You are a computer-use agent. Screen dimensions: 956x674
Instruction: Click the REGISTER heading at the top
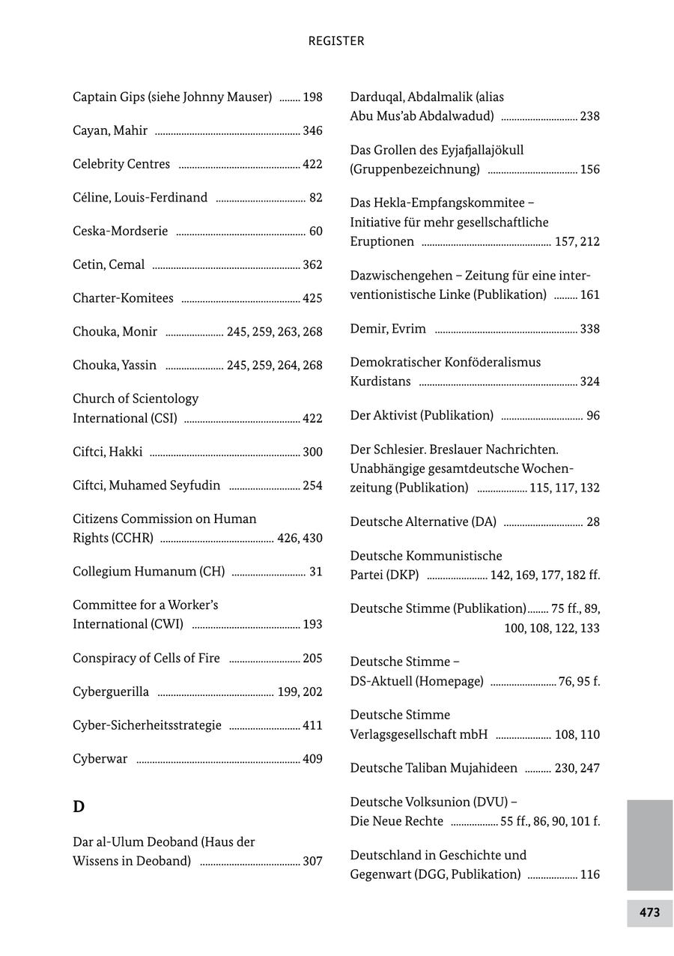(336, 41)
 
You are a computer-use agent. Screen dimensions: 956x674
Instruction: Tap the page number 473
(649, 913)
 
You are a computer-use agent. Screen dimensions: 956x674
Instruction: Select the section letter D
(79, 807)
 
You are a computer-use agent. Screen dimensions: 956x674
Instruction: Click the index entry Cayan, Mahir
(110, 130)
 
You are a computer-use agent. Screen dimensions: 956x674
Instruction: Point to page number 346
(312, 131)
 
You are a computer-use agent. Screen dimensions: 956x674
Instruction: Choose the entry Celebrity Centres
(121, 164)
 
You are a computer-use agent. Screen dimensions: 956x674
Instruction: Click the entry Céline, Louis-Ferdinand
(140, 198)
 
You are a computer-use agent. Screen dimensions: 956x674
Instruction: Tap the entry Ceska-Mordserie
(121, 231)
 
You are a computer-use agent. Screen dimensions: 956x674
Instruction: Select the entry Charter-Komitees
(123, 298)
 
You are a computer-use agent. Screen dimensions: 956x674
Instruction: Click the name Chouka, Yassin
(115, 366)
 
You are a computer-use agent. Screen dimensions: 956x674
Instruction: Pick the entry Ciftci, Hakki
(107, 452)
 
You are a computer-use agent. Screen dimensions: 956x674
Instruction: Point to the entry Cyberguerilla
(111, 692)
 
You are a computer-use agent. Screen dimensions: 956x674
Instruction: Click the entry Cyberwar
(100, 759)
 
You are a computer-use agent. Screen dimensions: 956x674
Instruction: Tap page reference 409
(312, 760)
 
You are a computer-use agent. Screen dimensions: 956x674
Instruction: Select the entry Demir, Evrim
(388, 329)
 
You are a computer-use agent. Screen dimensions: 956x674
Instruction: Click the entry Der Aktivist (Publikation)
(422, 415)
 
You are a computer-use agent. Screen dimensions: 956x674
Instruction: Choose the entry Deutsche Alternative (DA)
(423, 521)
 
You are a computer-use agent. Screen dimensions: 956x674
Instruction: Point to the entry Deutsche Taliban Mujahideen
(434, 768)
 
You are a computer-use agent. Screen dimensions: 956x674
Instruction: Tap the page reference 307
(312, 862)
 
